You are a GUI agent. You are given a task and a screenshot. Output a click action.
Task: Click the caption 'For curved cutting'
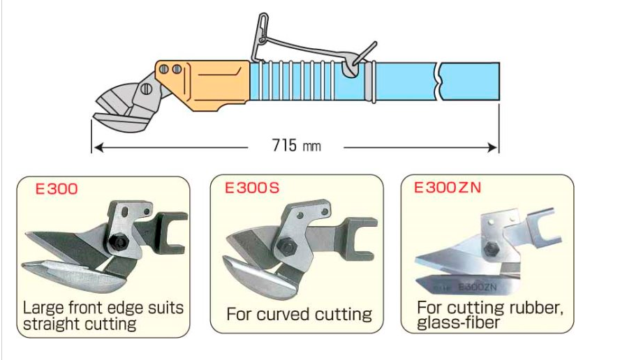[x=299, y=314]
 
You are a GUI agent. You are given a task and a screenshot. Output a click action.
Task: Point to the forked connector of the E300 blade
[x=173, y=231]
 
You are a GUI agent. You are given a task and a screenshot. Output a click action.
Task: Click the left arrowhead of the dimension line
[x=96, y=147]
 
